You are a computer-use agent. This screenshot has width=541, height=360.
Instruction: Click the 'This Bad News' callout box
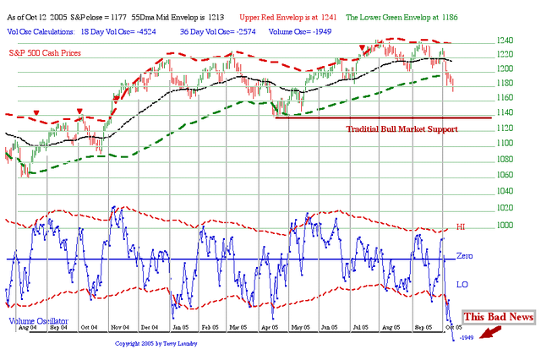498,316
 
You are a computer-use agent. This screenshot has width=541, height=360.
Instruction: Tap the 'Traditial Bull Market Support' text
402,129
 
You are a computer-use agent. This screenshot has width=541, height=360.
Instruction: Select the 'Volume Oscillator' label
39,321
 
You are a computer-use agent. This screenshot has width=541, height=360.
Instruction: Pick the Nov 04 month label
122,325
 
